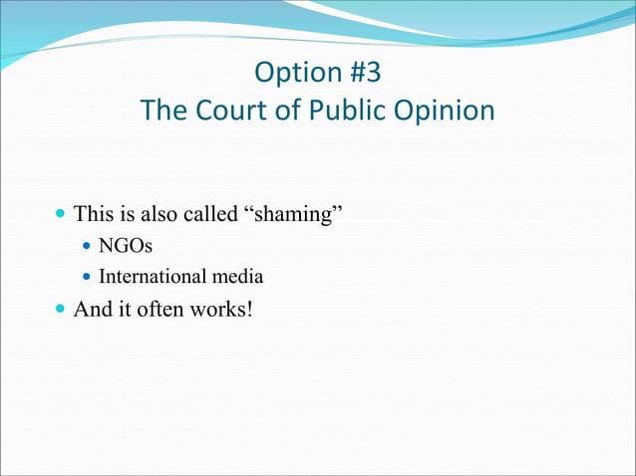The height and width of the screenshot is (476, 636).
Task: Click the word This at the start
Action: (94, 212)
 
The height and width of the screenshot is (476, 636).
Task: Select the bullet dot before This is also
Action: (61, 213)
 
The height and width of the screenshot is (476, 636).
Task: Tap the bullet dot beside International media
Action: (87, 277)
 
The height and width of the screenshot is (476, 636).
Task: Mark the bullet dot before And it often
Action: (61, 311)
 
